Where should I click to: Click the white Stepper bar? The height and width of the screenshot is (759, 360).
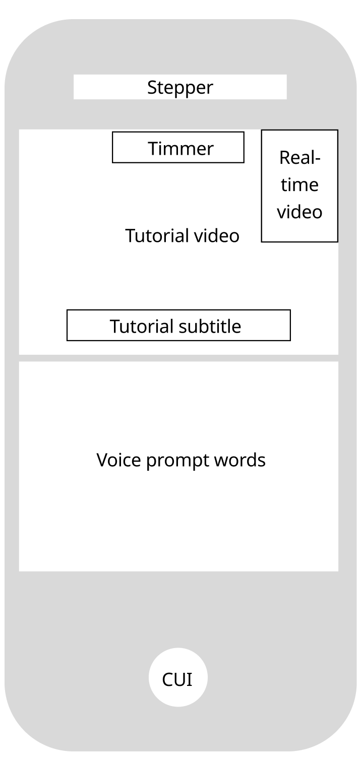pyautogui.click(x=180, y=87)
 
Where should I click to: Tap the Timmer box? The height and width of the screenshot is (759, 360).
pyautogui.click(x=178, y=147)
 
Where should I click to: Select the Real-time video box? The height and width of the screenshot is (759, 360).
pyautogui.click(x=299, y=185)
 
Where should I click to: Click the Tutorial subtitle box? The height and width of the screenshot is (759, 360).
pyautogui.click(x=178, y=325)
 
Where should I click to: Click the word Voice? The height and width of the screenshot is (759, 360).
pyautogui.click(x=118, y=460)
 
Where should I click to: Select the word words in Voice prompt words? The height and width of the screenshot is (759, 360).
pyautogui.click(x=240, y=460)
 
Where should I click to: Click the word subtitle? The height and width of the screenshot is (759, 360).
pyautogui.click(x=210, y=326)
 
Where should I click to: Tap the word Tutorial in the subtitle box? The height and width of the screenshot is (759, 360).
pyautogui.click(x=142, y=326)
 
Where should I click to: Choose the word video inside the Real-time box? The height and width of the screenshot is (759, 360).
pyautogui.click(x=299, y=212)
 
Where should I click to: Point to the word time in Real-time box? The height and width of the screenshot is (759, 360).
pyautogui.click(x=299, y=185)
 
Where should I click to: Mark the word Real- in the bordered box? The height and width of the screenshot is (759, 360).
pyautogui.click(x=300, y=158)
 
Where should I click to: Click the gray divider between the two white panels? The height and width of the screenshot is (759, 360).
pyautogui.click(x=178, y=358)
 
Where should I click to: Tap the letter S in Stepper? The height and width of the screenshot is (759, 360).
pyautogui.click(x=152, y=87)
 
